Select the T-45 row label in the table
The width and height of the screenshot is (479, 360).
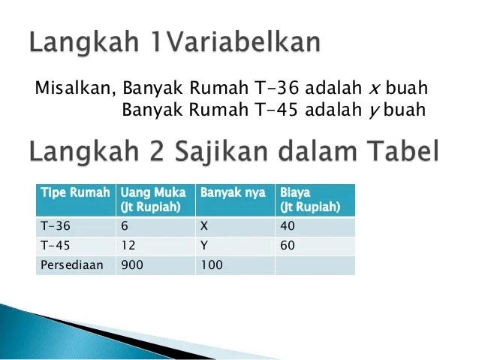point(53,245)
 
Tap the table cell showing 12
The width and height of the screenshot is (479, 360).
point(128,245)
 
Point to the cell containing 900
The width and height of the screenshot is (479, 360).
point(131,265)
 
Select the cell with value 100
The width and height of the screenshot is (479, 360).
point(211,265)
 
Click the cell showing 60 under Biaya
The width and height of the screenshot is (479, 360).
point(288,245)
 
